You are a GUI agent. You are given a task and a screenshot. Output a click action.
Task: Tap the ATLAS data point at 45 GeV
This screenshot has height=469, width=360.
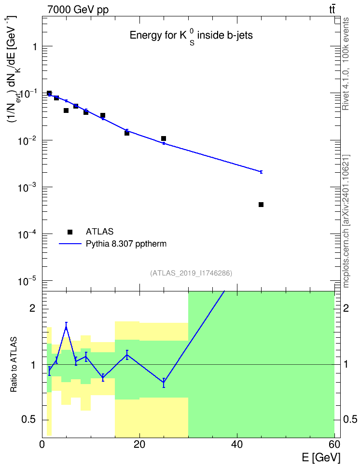coord(261,205)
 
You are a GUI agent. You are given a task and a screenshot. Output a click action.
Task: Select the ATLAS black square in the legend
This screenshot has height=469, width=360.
coord(70,232)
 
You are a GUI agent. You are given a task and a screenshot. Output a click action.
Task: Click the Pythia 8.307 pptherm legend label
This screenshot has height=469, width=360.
coord(126,244)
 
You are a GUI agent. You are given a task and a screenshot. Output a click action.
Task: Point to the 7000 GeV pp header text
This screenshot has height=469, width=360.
coord(78,10)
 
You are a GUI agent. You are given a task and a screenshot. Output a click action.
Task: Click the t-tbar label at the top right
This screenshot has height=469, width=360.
coord(332,9)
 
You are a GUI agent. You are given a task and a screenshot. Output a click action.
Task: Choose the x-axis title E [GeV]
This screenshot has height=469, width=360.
coord(321,457)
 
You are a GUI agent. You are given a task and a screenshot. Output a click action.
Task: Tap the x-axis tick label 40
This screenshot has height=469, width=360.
coord(237,444)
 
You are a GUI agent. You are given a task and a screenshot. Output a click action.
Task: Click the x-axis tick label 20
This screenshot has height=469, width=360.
coord(139,444)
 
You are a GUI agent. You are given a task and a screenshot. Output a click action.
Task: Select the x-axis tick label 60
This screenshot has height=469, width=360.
coord(334,444)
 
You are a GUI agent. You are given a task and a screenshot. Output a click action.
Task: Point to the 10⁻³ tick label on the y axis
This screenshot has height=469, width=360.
coord(27,188)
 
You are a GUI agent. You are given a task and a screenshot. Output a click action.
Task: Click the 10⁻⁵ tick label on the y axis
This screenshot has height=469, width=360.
coord(27,282)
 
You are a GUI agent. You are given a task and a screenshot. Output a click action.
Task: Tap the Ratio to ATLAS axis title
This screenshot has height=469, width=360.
coord(14,364)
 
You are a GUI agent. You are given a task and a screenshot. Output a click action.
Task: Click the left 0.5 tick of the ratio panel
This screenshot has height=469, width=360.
coord(29,419)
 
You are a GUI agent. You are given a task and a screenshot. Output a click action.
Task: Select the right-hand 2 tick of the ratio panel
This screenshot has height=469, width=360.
coord(346,308)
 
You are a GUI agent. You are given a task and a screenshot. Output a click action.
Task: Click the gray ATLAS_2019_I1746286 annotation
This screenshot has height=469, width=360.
coord(191,273)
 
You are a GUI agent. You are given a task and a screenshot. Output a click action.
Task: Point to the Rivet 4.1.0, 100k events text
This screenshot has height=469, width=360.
coord(346,64)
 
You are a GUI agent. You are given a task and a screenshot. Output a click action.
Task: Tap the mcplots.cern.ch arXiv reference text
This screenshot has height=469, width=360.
coord(346,221)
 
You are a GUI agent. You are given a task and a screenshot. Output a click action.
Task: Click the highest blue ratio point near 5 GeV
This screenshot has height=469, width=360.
coord(66,328)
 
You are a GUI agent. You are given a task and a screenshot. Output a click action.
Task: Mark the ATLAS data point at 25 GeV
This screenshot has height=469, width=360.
coord(164,138)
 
